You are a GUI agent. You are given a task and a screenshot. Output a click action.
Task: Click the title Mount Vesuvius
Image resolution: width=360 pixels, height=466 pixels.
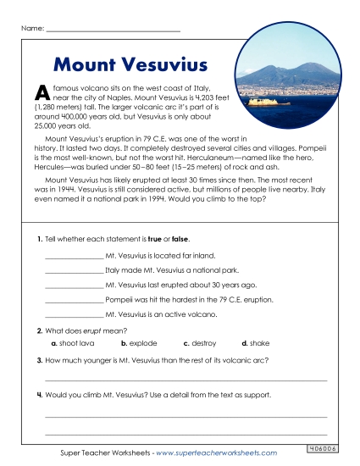coord(124,64)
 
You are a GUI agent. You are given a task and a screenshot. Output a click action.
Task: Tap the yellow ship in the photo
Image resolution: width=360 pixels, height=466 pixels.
coord(260,101)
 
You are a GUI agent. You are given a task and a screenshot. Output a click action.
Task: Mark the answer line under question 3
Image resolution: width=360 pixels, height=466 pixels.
coord(185,380)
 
